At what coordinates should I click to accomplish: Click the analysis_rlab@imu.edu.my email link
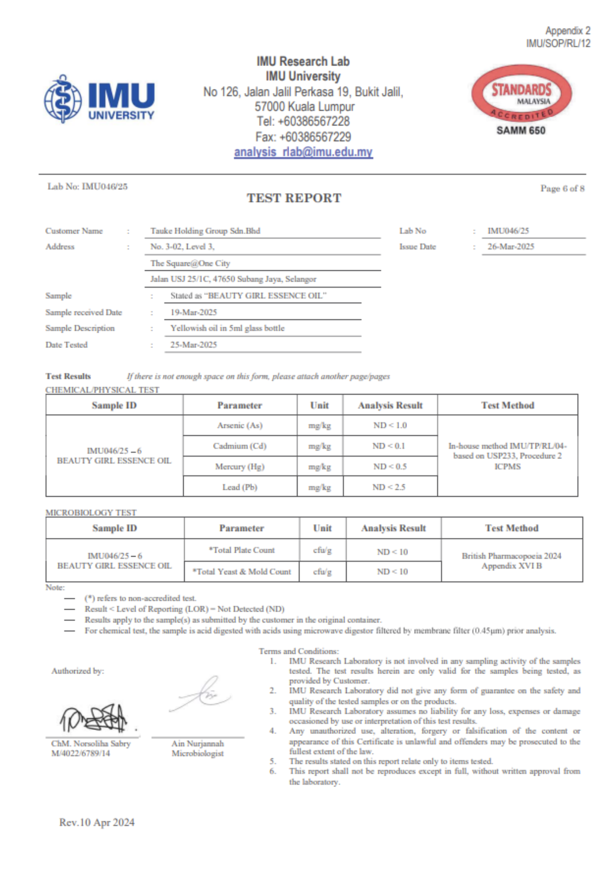303,152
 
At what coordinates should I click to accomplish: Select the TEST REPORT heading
294,198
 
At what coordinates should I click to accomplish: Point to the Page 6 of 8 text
562,189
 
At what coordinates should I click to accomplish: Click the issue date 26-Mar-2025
511,246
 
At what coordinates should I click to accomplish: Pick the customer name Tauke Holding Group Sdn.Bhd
205,231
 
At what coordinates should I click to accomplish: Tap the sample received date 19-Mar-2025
194,312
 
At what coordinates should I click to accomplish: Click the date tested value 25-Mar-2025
194,345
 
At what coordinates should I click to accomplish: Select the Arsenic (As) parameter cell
240,425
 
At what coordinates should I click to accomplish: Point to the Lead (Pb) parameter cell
240,487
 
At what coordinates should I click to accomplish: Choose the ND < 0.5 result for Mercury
390,466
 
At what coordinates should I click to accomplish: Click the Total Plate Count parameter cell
241,550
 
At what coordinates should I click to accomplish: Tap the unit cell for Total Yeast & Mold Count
322,572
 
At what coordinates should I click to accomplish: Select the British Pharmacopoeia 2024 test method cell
512,561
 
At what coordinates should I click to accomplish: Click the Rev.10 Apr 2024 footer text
97,823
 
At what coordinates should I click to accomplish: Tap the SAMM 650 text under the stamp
521,130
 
